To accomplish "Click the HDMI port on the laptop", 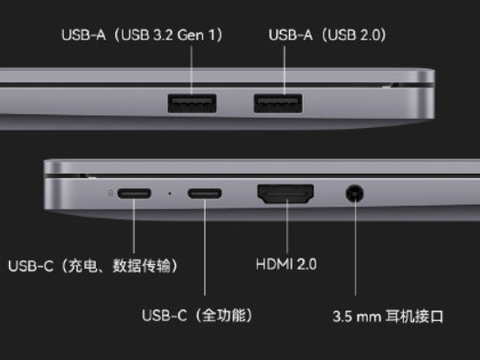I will click(x=286, y=194).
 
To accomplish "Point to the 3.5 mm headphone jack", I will click(x=355, y=194).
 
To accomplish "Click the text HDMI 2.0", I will click(x=286, y=265).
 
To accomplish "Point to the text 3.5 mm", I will click(x=359, y=317).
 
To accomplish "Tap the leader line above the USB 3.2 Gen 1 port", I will click(x=192, y=69).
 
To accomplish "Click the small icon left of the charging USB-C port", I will click(x=111, y=194).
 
